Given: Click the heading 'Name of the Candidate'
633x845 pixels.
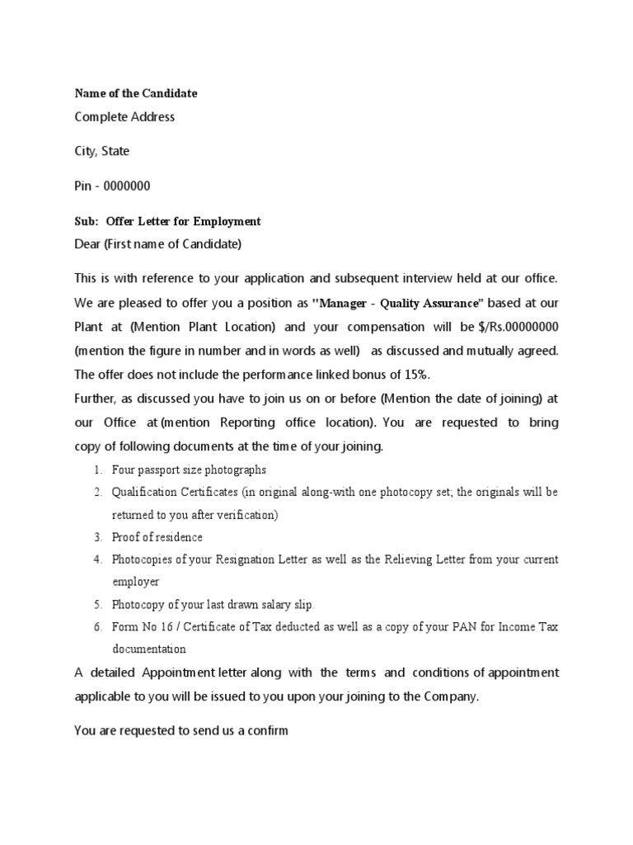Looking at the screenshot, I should (136, 93).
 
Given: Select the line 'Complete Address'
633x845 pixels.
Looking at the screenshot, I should (124, 117).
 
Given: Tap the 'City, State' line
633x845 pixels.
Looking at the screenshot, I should (101, 152).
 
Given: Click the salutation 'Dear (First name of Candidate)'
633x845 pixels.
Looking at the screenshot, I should (158, 244).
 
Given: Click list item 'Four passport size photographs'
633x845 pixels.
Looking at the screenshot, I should (190, 470).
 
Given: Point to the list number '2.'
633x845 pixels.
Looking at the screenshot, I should (96, 493).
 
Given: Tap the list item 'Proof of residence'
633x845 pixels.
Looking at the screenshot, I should (157, 537).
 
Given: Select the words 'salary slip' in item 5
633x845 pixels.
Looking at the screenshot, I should (284, 604).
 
